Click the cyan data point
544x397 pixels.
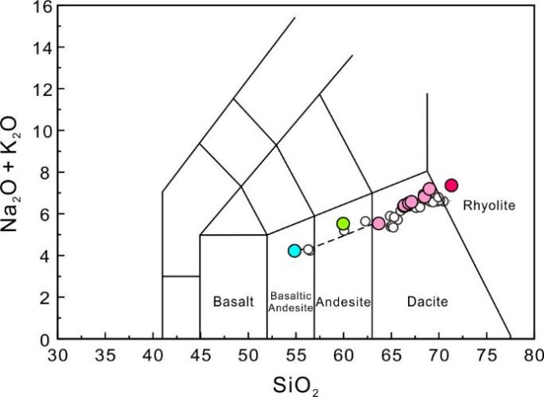[294, 251]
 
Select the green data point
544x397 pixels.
[344, 224]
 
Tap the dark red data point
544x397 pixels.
[452, 186]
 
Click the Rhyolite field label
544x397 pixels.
[489, 206]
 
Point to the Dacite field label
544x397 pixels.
[428, 302]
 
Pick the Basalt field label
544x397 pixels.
[232, 302]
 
